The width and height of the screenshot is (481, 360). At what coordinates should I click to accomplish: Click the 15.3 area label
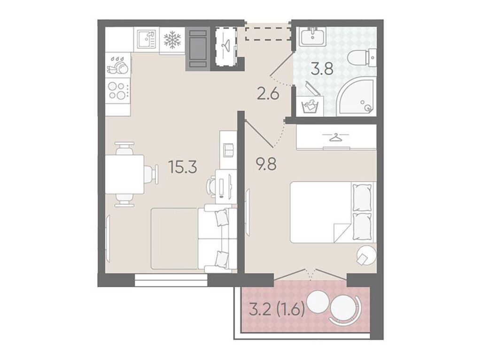point(182,168)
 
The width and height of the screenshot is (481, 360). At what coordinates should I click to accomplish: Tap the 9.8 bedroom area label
point(266,164)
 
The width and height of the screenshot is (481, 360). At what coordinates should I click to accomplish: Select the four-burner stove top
point(118,91)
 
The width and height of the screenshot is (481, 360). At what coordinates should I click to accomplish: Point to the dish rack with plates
point(118,65)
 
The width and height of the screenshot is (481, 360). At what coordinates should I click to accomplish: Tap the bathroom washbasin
point(312,37)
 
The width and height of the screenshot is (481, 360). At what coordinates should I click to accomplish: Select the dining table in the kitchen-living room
point(124,174)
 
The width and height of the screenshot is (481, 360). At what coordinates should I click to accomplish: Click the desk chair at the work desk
point(212,186)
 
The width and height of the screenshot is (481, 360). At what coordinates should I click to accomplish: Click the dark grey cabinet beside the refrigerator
point(198,48)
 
